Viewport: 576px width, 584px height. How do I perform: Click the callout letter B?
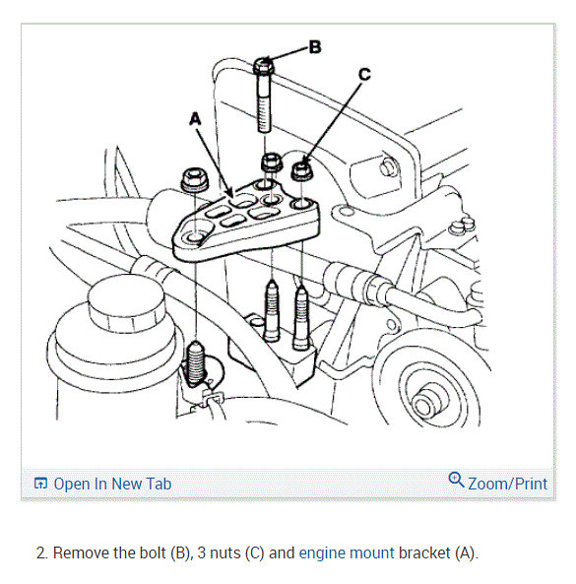(x=315, y=47)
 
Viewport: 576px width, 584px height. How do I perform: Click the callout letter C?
(x=364, y=74)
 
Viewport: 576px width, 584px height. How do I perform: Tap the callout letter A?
(x=195, y=119)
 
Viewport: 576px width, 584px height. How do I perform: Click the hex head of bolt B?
(x=264, y=66)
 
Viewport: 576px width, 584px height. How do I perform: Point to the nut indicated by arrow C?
(x=302, y=171)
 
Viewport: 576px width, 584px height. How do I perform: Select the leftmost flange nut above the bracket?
(x=195, y=179)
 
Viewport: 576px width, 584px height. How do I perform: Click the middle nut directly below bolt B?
(x=272, y=162)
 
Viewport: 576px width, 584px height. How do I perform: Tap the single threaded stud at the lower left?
(x=196, y=362)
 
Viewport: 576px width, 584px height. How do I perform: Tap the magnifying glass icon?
(x=456, y=480)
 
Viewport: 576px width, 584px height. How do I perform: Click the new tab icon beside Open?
(x=40, y=484)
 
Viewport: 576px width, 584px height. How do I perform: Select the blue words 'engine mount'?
(x=347, y=552)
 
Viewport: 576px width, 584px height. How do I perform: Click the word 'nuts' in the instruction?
(x=225, y=553)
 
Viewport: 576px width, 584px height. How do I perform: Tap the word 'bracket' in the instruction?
(x=424, y=552)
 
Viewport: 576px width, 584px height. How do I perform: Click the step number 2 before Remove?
(x=41, y=552)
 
